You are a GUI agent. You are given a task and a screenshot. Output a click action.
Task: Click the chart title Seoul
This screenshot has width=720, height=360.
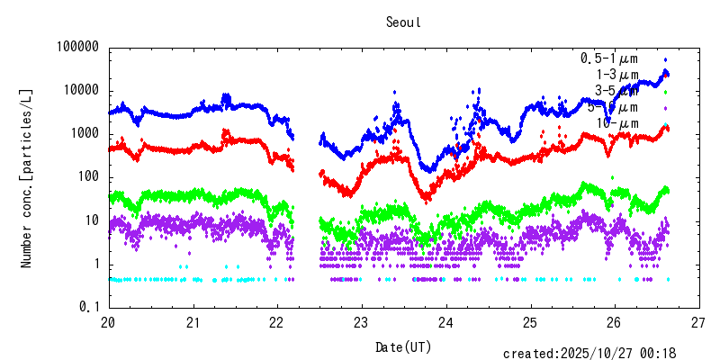pyautogui.click(x=401, y=21)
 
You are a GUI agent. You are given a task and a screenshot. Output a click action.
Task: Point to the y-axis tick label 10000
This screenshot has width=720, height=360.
pyautogui.click(x=82, y=90)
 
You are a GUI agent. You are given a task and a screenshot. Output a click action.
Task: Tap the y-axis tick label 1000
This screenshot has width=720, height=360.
pyautogui.click(x=85, y=133)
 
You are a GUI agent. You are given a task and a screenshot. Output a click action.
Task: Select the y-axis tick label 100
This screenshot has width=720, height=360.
pyautogui.click(x=89, y=176)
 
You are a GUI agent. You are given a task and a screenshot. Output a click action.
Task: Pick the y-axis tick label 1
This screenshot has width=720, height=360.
pyautogui.click(x=96, y=264)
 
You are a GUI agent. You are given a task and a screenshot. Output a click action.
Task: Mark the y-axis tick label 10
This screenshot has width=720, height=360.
pyautogui.click(x=93, y=220)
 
